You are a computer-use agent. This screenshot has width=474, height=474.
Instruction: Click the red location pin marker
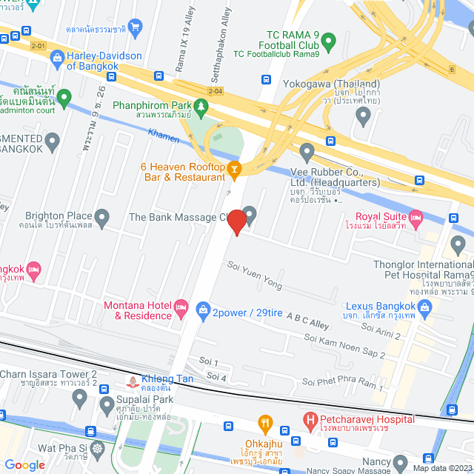236,222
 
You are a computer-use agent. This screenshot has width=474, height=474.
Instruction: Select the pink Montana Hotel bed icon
181,307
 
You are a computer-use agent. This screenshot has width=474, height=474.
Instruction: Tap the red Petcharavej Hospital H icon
312,422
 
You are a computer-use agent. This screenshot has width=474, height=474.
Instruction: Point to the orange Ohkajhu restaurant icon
265,424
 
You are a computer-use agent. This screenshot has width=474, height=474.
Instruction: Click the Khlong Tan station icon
133,383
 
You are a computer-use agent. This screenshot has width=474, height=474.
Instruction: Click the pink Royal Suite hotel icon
415,218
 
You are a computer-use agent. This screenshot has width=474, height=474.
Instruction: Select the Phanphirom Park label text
152,105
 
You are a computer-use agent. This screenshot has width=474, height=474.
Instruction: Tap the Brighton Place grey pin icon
101,218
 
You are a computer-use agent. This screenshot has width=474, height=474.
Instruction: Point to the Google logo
24,464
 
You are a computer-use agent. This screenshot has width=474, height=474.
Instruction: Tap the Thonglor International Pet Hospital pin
457,244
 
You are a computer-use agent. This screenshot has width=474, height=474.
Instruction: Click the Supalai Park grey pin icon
80,400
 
